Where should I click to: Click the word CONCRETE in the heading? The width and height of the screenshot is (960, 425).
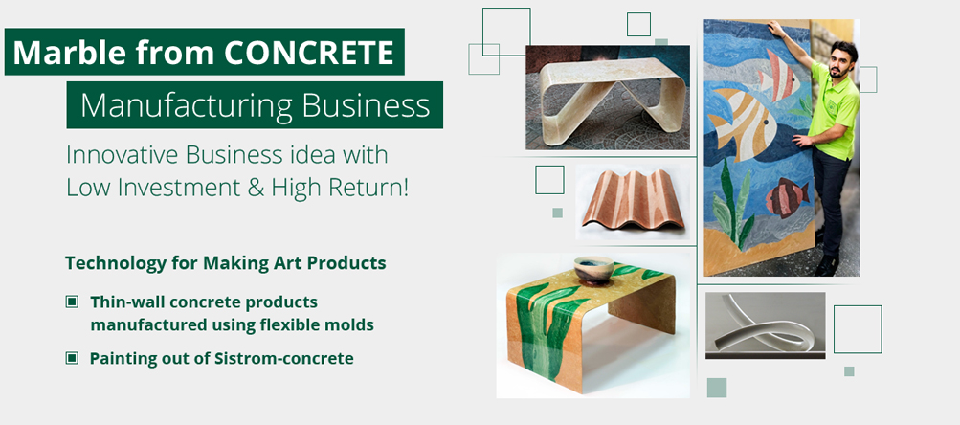(308, 53)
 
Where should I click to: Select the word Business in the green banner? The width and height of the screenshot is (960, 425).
(366, 104)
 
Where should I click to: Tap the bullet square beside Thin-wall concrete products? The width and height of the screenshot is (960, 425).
(72, 302)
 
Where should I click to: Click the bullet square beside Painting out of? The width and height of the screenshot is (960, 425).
(72, 358)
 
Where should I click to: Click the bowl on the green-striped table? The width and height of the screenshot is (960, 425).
(593, 270)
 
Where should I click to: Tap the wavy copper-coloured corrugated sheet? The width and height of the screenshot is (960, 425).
(633, 199)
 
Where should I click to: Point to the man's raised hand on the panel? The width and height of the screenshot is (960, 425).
(775, 28)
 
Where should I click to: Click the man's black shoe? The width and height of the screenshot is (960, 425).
(827, 266)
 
